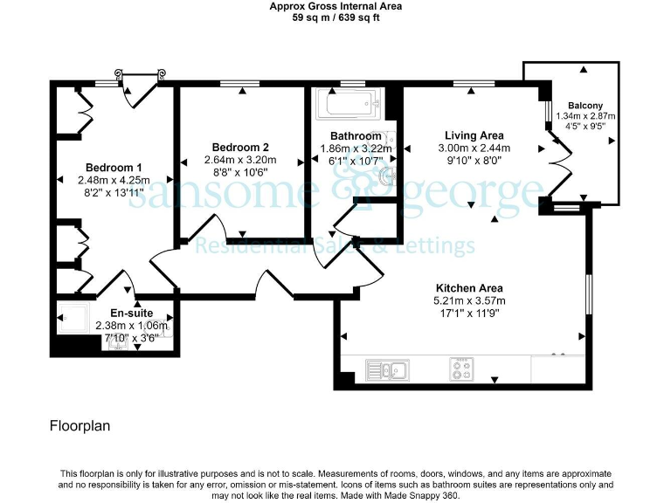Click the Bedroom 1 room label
click(x=114, y=167)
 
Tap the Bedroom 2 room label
click(x=239, y=148)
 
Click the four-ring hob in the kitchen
click(x=461, y=370)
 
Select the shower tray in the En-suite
click(x=72, y=319)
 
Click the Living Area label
click(x=474, y=135)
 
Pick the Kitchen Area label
click(x=471, y=288)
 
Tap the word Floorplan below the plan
click(x=80, y=427)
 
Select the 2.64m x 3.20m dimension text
click(x=239, y=160)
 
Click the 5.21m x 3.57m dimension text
click(x=471, y=301)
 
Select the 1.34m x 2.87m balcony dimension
click(x=585, y=115)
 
